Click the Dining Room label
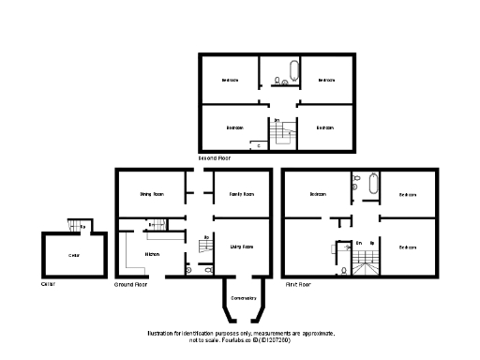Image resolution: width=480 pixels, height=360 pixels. [152, 194]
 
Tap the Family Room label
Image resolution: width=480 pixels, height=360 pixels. [242, 194]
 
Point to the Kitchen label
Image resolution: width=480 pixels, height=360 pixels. [152, 254]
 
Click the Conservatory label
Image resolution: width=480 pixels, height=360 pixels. [243, 297]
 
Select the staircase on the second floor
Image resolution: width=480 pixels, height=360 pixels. [280, 137]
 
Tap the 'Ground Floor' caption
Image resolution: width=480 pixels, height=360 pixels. [131, 283]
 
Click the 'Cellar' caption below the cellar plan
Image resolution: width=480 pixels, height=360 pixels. [50, 283]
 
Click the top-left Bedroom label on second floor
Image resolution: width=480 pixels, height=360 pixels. [231, 81]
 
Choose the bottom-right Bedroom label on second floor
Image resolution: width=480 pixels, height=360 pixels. [324, 127]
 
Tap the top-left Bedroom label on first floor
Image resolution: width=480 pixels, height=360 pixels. [318, 194]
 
